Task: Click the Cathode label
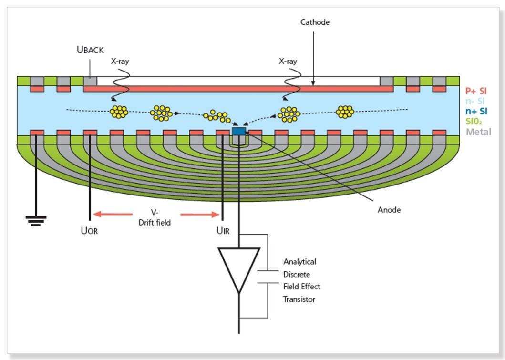coord(315,22)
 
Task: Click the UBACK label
coord(90,50)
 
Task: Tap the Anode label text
coord(389,210)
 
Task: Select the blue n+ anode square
coord(238,131)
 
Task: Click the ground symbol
coord(36,220)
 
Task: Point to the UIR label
coord(223,232)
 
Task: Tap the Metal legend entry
coord(478,132)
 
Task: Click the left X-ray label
coord(120,62)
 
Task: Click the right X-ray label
coord(288,62)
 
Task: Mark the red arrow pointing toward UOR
coord(113,215)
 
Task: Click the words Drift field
coord(155,222)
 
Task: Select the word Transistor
coord(299,299)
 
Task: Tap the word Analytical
coord(299,262)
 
